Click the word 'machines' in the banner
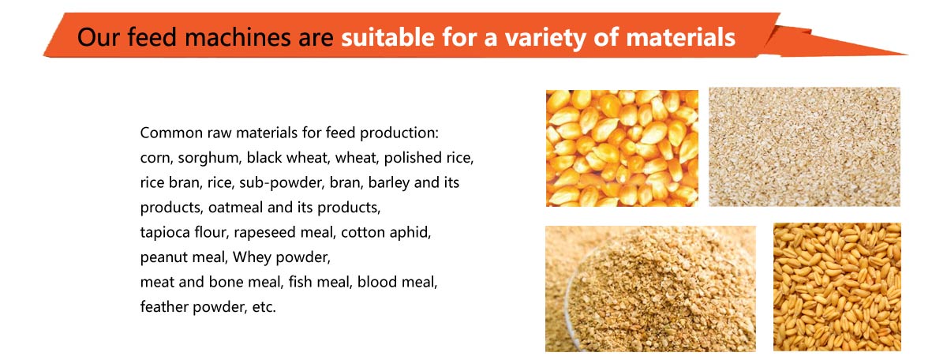238,37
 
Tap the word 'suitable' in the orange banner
387,37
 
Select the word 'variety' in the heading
546,38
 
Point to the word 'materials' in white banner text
680,37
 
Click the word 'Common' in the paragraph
171,133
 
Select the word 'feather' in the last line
164,306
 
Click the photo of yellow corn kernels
622,148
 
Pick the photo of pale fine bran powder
804,147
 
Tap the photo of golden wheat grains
837,287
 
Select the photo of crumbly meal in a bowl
650,289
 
